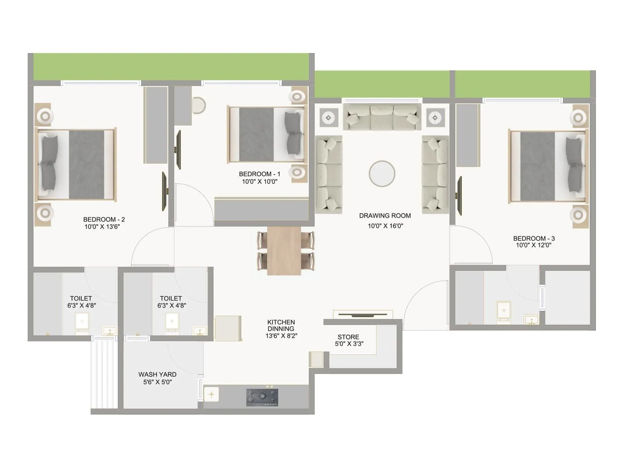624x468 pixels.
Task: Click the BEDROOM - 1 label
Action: [x=259, y=174]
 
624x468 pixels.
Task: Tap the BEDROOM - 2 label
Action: [x=104, y=220]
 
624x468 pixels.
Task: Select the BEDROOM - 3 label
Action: [x=534, y=238]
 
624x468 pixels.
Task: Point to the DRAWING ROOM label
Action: [x=385, y=216]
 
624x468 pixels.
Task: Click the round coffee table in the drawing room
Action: [x=382, y=174]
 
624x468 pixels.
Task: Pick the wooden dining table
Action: [x=284, y=251]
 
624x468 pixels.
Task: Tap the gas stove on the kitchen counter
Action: [x=262, y=397]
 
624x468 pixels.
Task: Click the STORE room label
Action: [x=348, y=337]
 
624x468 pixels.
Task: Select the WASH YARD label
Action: [x=157, y=374]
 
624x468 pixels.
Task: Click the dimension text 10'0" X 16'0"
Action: [x=385, y=226]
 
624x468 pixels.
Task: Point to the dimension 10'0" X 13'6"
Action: [x=102, y=227]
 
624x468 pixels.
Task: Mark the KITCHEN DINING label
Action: [x=281, y=325]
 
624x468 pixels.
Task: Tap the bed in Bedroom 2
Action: [x=76, y=165]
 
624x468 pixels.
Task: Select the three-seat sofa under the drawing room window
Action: [x=382, y=116]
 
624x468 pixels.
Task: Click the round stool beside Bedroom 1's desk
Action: [x=199, y=105]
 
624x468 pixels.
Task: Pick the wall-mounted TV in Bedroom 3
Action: [x=460, y=196]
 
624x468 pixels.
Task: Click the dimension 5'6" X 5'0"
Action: [x=157, y=382]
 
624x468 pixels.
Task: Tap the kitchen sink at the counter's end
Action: [x=211, y=394]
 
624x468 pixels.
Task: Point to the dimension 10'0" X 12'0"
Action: [x=534, y=245]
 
